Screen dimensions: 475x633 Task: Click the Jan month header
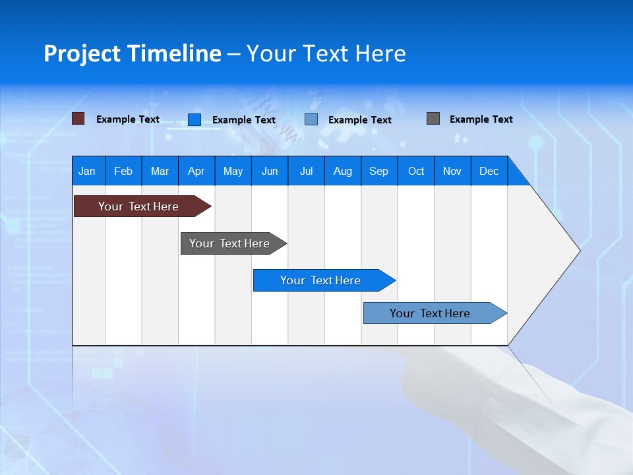[87, 171]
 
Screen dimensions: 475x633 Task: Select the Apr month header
[196, 171]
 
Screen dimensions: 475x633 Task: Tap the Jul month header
[306, 171]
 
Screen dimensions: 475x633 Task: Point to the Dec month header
[489, 171]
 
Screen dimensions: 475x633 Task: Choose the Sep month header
[378, 171]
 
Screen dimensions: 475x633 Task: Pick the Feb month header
[123, 171]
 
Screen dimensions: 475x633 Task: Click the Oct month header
[416, 171]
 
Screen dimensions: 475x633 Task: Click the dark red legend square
[78, 119]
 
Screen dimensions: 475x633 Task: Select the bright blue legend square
[195, 119]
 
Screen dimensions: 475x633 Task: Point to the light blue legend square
[311, 119]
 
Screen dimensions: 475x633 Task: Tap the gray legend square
[433, 119]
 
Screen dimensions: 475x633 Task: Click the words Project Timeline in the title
[133, 53]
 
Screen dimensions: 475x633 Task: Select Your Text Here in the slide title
[326, 53]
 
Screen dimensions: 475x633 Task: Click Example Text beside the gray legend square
[481, 119]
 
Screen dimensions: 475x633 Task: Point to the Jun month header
[270, 171]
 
